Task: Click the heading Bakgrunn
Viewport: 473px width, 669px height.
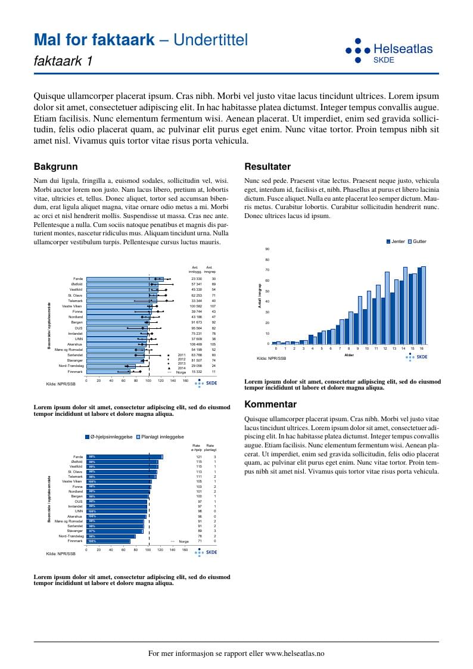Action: click(x=55, y=167)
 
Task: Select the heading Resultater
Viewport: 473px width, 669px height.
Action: click(x=267, y=167)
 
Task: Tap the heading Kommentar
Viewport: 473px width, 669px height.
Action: click(x=270, y=404)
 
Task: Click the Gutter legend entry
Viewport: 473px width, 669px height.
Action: click(x=417, y=241)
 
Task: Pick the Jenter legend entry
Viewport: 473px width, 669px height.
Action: click(x=396, y=241)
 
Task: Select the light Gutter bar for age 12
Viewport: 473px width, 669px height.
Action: click(x=387, y=307)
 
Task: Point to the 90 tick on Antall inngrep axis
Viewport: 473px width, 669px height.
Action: click(x=267, y=249)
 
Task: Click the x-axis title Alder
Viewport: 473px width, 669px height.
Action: click(x=350, y=355)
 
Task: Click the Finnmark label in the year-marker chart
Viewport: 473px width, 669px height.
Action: click(x=75, y=371)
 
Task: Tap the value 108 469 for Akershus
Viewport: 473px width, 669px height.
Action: click(x=196, y=344)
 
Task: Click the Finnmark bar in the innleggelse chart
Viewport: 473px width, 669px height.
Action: click(x=108, y=541)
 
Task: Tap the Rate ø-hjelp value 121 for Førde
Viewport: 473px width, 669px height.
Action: click(x=200, y=457)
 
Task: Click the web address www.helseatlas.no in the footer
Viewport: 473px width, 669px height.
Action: click(x=294, y=654)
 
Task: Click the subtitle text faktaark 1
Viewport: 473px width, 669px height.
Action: click(x=64, y=61)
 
